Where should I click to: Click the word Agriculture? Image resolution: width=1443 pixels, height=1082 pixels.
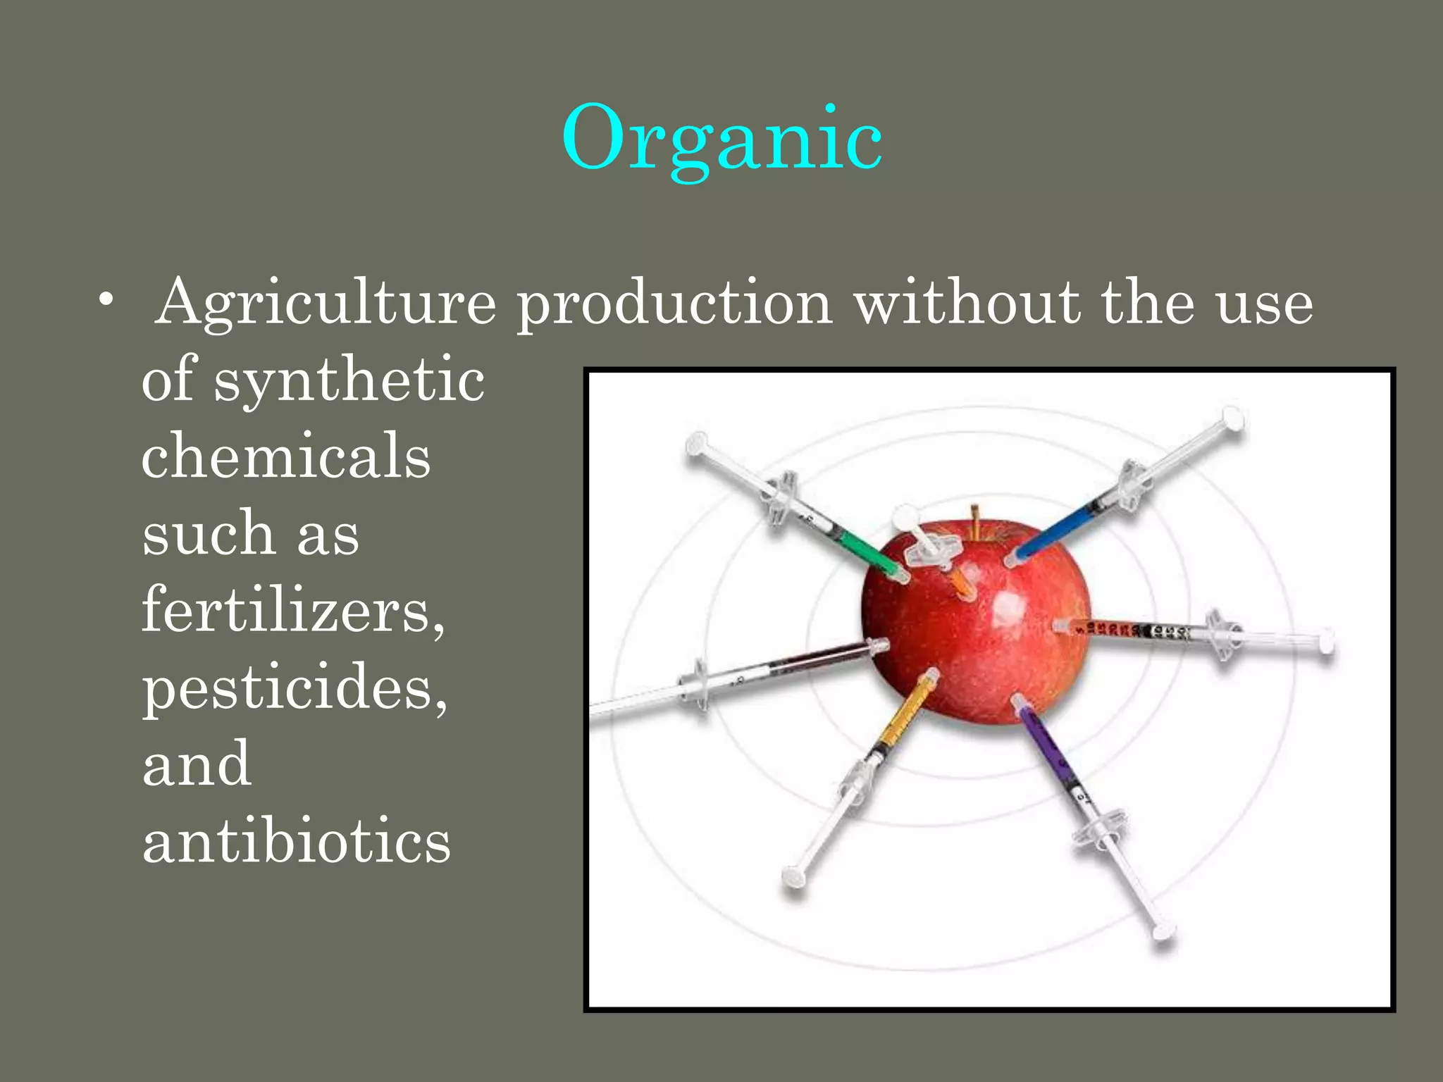tap(326, 303)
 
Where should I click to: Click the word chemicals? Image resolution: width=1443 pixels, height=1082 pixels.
tap(285, 456)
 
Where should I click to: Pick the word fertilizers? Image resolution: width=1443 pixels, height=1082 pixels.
tap(292, 609)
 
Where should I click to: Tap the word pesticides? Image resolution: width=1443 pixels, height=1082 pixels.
tap(295, 687)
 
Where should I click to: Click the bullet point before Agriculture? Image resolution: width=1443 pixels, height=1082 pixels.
tap(106, 301)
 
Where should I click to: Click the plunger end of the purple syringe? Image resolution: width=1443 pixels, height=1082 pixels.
tap(1163, 933)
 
